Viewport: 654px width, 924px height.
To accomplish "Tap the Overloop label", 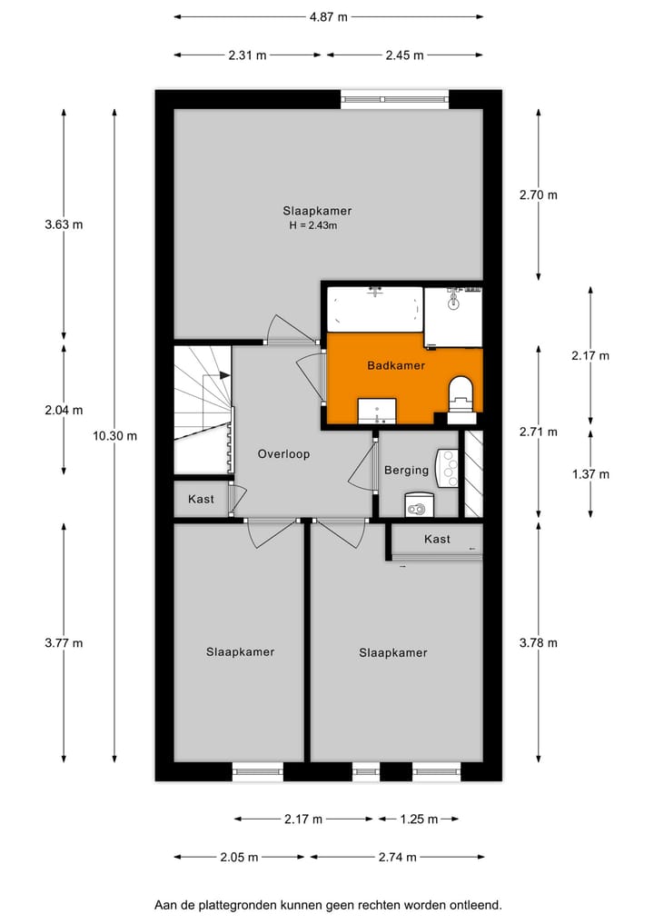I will (283, 454).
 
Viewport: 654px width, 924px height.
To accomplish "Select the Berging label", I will (406, 471).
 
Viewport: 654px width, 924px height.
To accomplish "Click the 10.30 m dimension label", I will (114, 435).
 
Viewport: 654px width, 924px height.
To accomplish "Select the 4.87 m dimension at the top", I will (328, 16).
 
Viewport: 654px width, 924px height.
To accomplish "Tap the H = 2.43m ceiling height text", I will (312, 226).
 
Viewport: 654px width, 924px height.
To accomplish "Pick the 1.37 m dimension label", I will (590, 474).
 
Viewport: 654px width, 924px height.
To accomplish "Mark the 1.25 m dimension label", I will (418, 820).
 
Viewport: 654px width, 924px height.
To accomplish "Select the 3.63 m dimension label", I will (64, 224).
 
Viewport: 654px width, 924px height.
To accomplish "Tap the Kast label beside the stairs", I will (201, 500).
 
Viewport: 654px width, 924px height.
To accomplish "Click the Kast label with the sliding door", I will (437, 540).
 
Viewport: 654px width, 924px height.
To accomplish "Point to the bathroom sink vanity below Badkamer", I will (376, 411).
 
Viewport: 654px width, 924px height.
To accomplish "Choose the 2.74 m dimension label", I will (398, 857).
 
